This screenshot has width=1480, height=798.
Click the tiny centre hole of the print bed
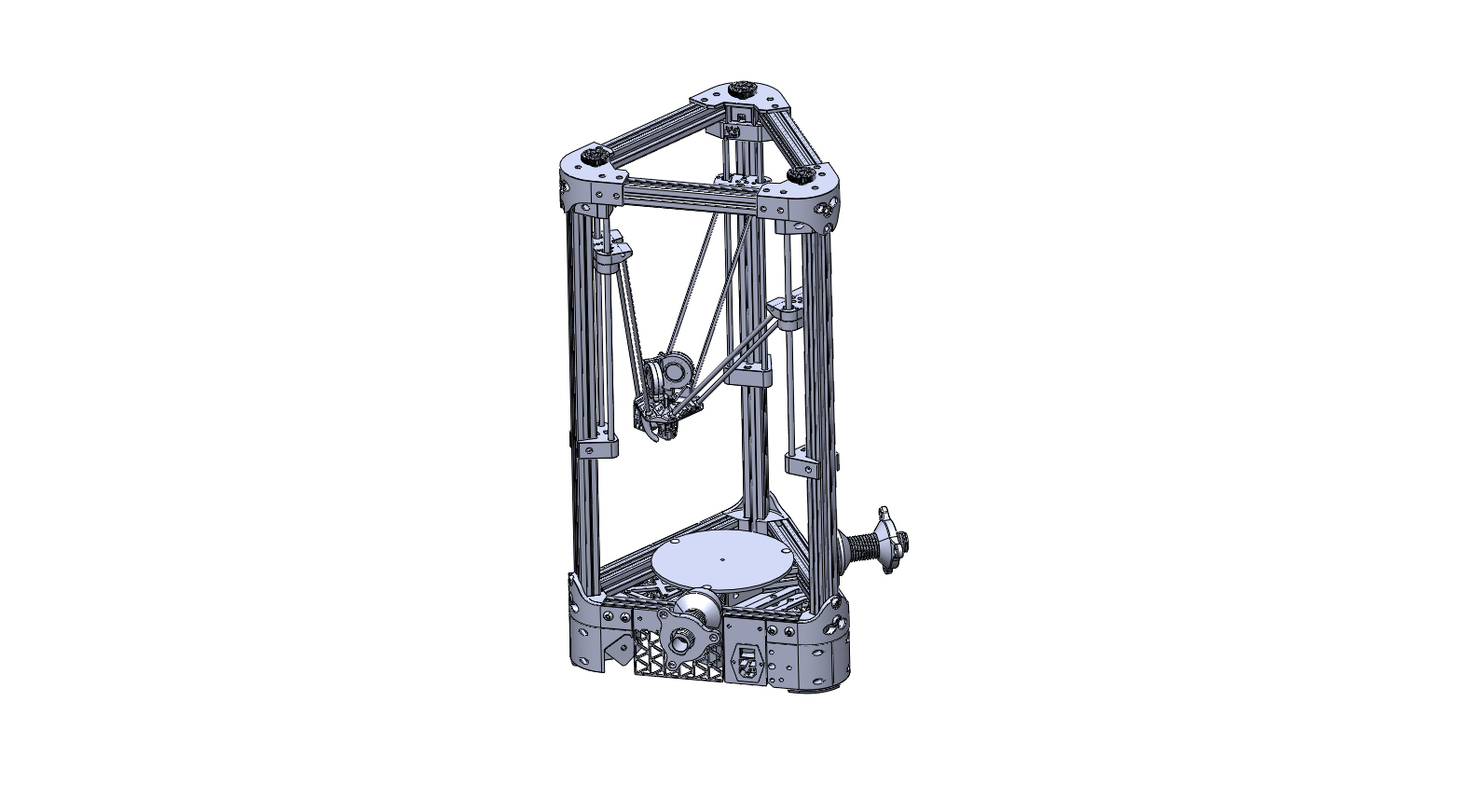pyautogui.click(x=723, y=559)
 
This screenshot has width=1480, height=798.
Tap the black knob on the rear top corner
pyautogui.click(x=743, y=89)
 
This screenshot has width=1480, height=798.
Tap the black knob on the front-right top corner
pyautogui.click(x=801, y=174)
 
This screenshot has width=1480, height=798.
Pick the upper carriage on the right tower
pyautogui.click(x=786, y=310)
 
